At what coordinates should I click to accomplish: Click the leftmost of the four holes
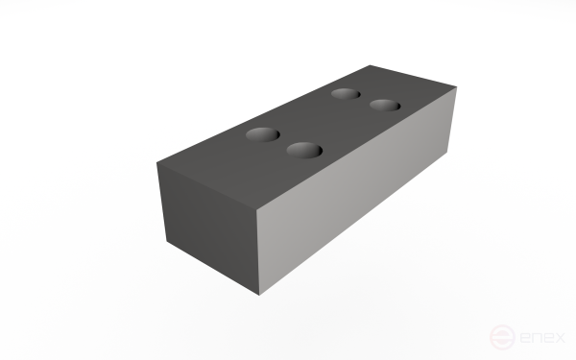(x=261, y=134)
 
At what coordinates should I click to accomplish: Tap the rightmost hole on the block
(x=384, y=105)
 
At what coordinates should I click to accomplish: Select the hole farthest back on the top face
(x=345, y=94)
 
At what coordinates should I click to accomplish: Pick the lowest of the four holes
(x=303, y=151)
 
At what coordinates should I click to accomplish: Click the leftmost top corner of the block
(x=157, y=162)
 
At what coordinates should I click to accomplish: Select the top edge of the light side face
(x=356, y=149)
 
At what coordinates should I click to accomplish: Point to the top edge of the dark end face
(x=208, y=184)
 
